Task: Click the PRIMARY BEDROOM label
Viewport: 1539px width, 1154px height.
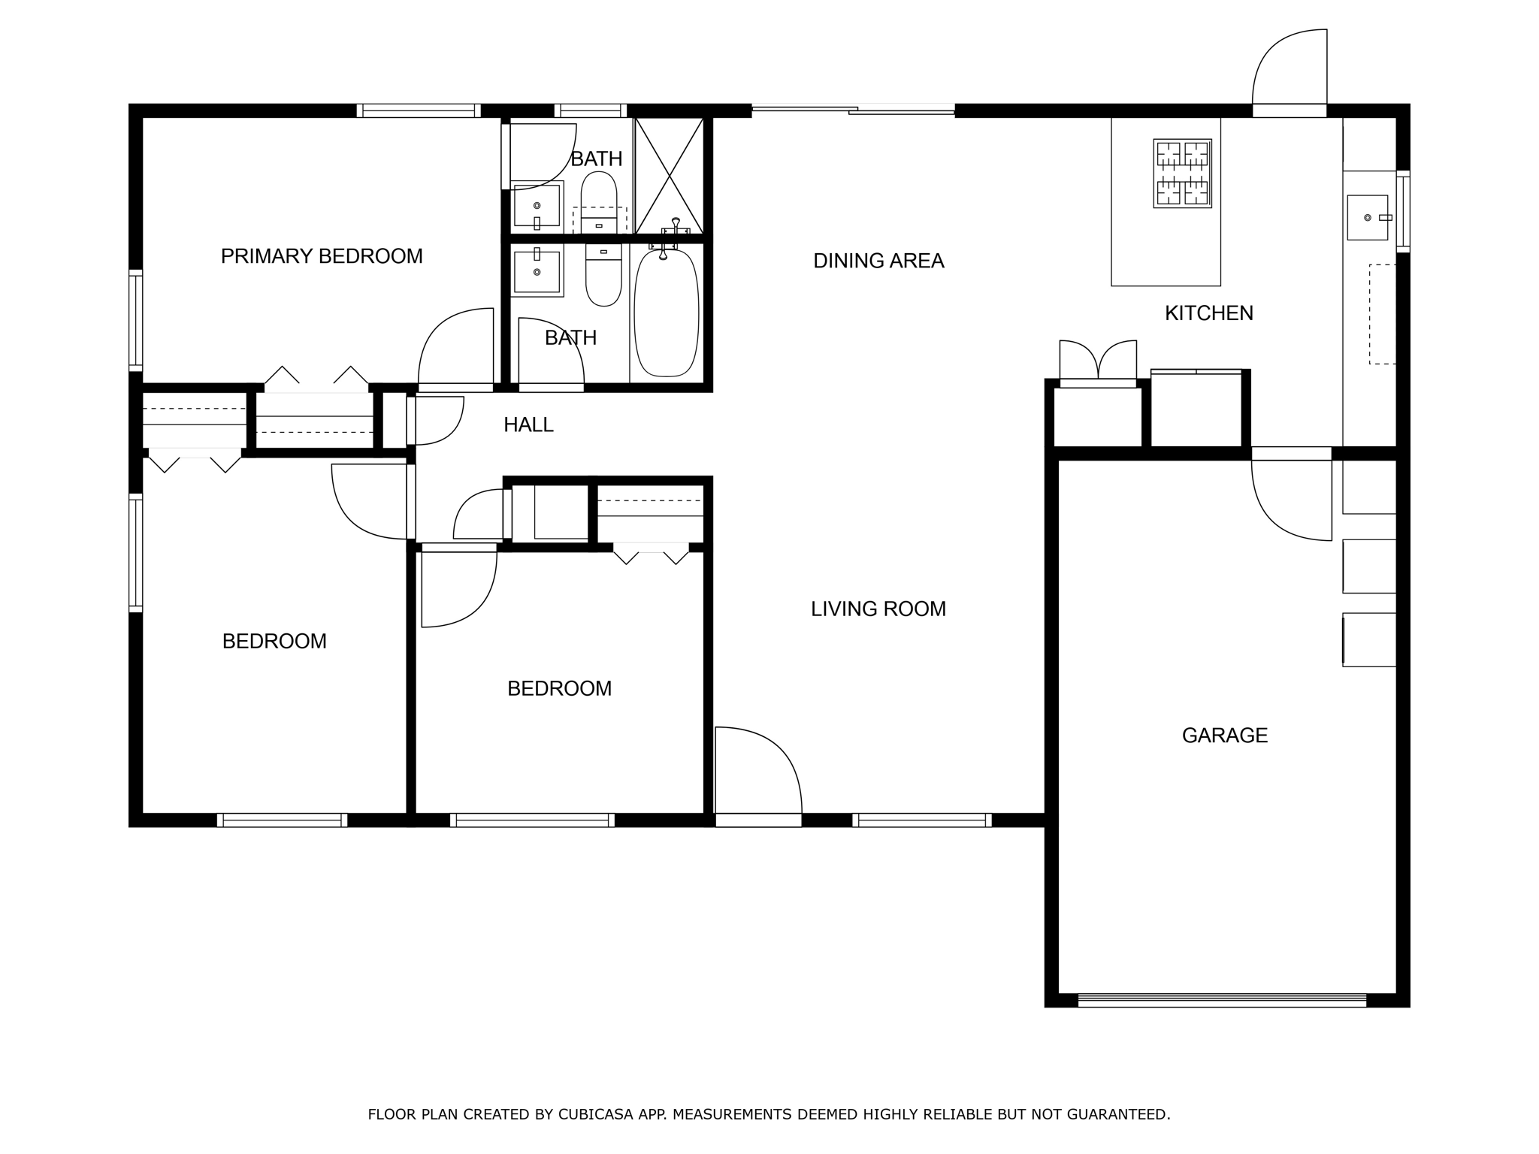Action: (x=322, y=256)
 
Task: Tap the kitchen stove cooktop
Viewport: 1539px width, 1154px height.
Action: (x=1183, y=173)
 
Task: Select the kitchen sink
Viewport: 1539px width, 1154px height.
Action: (x=1368, y=217)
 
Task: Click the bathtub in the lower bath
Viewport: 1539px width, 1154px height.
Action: (x=667, y=313)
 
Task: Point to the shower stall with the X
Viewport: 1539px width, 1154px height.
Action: (x=669, y=175)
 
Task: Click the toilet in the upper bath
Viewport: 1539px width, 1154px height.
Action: (x=599, y=201)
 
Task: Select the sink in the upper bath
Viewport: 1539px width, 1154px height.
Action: (x=537, y=206)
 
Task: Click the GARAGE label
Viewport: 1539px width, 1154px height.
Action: (x=1225, y=735)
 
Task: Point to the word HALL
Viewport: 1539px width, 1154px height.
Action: (x=528, y=425)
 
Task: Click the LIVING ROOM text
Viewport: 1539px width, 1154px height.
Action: (x=878, y=609)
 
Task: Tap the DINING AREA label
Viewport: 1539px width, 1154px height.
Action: (x=878, y=261)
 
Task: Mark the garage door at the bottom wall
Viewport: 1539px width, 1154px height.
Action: (x=1222, y=1000)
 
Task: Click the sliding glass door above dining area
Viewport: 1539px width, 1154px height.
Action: (x=853, y=110)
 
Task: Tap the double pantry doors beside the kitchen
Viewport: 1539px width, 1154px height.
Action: (x=1098, y=362)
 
